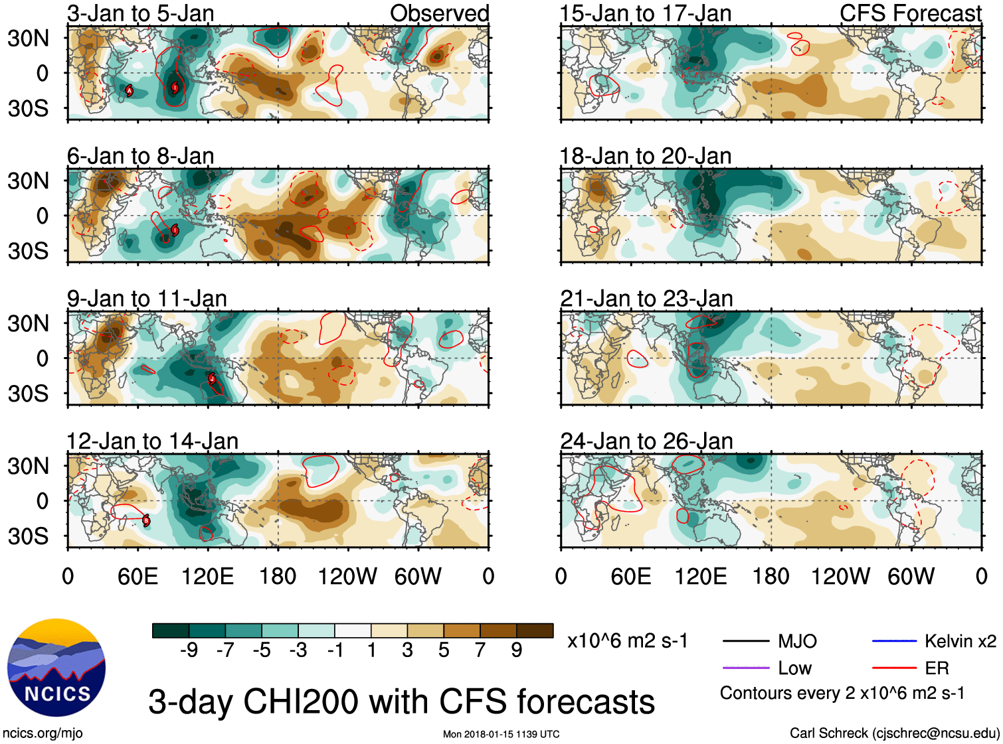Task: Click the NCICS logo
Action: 56,668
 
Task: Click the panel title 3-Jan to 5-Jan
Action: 140,13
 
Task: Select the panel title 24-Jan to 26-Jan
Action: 646,441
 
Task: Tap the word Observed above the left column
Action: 439,13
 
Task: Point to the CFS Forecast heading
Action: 910,13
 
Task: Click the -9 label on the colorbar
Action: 189,650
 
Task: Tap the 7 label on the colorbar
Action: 480,650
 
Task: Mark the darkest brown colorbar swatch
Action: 535,631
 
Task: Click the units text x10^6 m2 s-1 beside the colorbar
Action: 627,641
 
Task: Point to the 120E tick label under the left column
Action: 207,576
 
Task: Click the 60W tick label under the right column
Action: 911,576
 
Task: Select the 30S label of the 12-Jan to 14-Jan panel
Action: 28,536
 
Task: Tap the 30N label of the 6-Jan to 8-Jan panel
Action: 28,181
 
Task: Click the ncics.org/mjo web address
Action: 43,733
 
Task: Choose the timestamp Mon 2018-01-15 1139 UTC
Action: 501,734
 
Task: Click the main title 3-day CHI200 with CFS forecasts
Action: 401,702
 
